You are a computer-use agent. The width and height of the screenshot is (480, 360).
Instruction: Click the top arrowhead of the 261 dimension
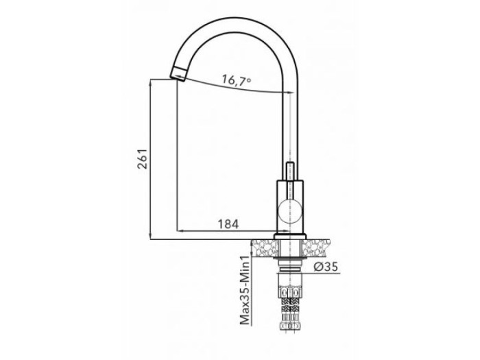click(151, 83)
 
